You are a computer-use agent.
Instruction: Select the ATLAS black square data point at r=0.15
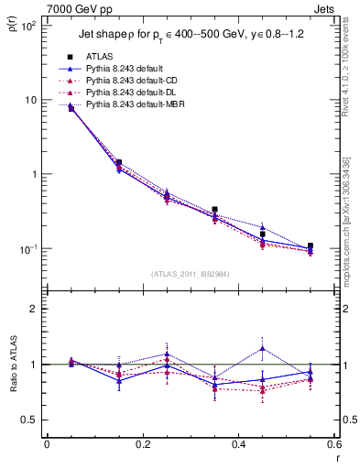pyautogui.click(x=119, y=162)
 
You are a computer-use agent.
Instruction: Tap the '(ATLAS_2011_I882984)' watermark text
pyautogui.click(x=190, y=274)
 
